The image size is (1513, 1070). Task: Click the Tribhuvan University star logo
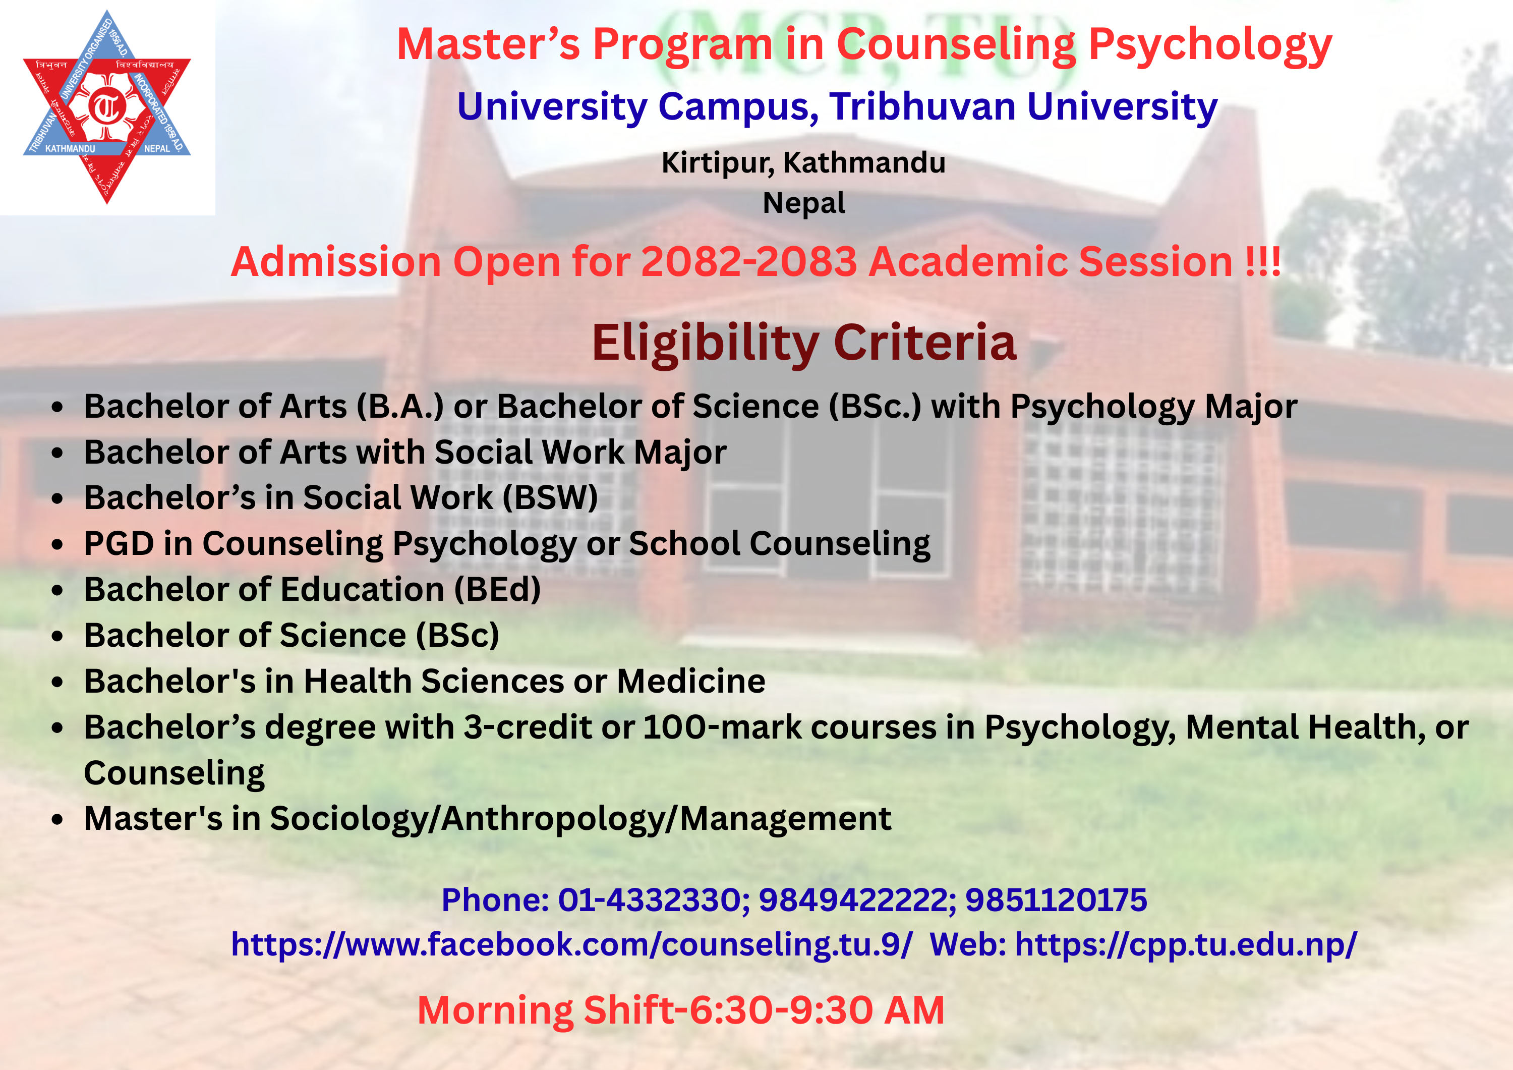click(x=107, y=107)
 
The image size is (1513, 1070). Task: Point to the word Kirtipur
click(x=718, y=163)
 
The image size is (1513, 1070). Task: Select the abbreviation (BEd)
click(x=497, y=589)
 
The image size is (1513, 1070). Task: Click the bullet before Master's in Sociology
click(x=58, y=819)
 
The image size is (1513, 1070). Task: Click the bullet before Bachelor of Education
click(x=58, y=590)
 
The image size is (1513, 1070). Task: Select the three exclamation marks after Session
click(x=1262, y=262)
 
